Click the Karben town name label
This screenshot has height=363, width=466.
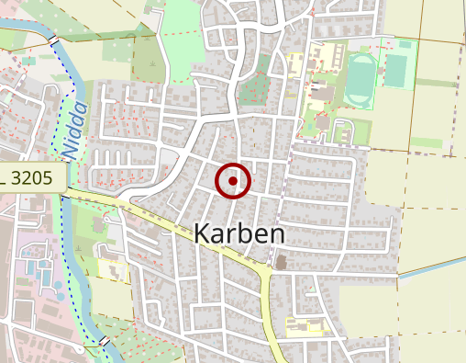tap(239, 234)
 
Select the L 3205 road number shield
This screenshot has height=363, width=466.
tap(32, 177)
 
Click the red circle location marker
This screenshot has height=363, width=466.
tap(233, 181)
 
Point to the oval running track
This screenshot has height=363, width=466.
tap(361, 79)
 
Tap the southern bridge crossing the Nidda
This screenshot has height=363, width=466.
tap(105, 342)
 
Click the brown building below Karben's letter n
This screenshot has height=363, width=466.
tap(281, 264)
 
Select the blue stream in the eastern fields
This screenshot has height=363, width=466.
tap(431, 267)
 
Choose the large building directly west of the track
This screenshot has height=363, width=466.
tap(324, 92)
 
